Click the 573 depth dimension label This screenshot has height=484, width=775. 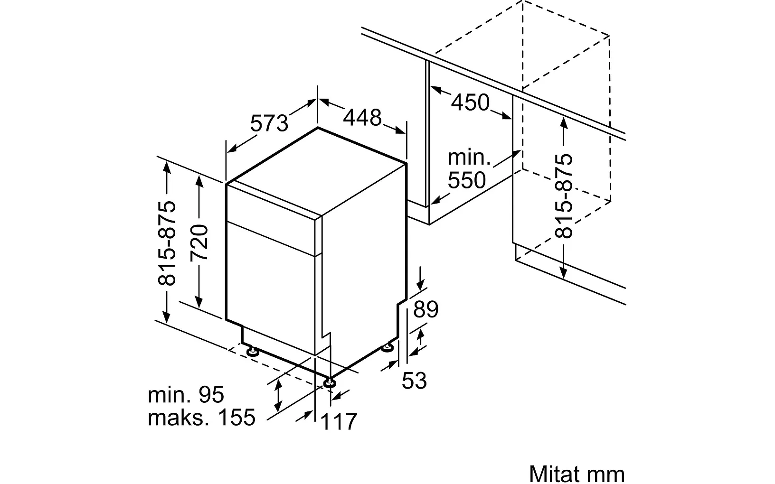pos(269,123)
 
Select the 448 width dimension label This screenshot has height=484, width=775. pos(362,118)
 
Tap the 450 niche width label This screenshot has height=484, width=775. pos(470,102)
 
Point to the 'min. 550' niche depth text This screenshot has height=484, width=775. pos(467,169)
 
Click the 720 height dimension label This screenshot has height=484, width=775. pos(199,242)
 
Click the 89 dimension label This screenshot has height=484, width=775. pos(425,309)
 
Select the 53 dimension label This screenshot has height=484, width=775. pos(414,380)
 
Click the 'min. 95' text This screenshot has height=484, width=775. pos(186,395)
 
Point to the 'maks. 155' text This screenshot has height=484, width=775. pos(201,417)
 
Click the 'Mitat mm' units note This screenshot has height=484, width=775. pos(577,473)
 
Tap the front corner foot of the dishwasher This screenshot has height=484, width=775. pos(329,382)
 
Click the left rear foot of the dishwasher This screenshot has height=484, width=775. pos(252,352)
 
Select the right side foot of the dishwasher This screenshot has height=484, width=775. pos(389,348)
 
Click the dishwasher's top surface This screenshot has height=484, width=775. pos(317,171)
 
